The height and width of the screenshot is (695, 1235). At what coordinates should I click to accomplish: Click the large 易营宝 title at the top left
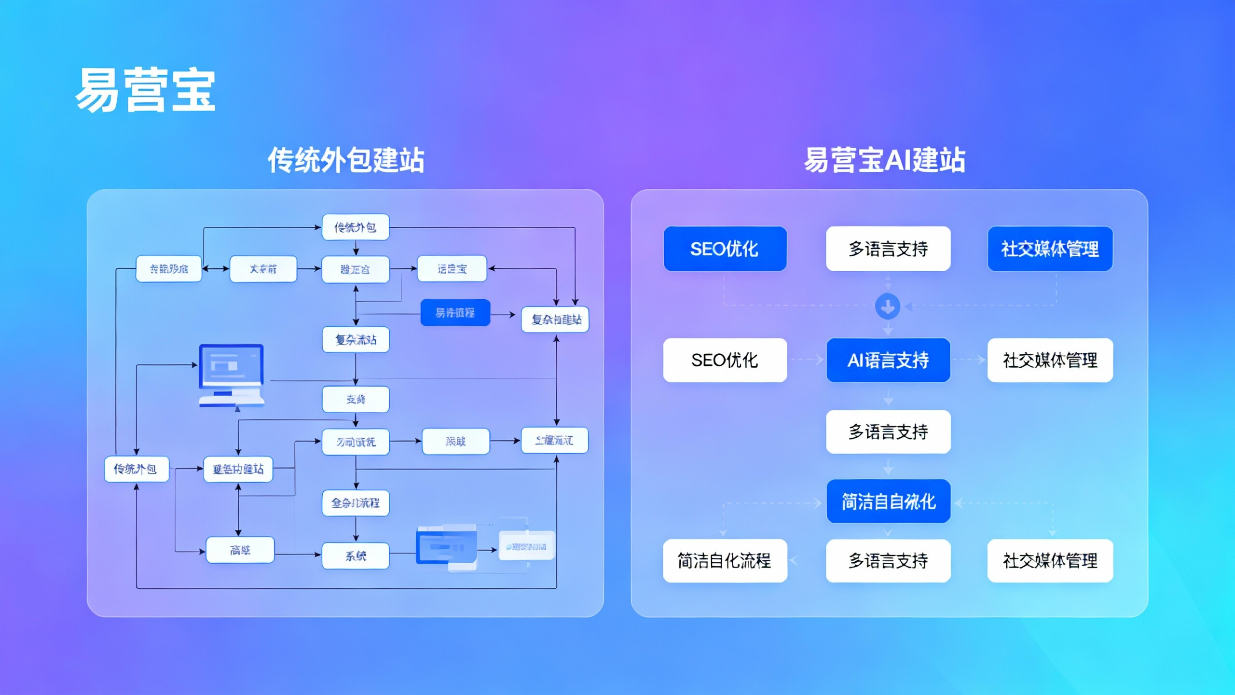tap(145, 90)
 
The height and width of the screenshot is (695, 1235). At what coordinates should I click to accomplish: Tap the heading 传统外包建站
tap(346, 160)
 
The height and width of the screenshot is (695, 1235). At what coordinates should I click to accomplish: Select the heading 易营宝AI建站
tap(884, 160)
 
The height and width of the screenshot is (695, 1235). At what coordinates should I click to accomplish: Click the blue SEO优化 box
tap(725, 249)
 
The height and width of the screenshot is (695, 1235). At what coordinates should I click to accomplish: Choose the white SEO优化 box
tap(725, 360)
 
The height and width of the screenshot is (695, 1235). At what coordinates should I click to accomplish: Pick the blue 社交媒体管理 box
tap(1050, 249)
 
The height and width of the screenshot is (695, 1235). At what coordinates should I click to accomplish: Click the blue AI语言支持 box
tap(888, 360)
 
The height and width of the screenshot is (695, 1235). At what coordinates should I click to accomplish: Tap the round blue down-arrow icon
tap(888, 306)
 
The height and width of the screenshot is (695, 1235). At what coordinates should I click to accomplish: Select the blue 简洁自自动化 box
tap(888, 501)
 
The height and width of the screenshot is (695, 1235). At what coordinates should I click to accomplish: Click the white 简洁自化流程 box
tap(725, 561)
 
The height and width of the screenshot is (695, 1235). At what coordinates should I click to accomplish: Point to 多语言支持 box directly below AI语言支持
tap(888, 431)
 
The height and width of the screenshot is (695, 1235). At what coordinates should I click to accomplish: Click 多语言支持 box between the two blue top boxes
tap(888, 249)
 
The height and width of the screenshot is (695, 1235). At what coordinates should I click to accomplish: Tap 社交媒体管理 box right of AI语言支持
tap(1050, 360)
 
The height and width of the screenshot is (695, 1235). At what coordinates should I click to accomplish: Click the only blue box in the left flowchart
tap(455, 313)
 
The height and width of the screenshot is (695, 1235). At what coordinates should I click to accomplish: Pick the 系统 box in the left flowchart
tap(356, 556)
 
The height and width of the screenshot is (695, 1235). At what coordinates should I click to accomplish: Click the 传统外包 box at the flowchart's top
tap(356, 227)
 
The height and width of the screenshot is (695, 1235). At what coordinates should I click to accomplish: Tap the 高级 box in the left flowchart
tap(240, 550)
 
